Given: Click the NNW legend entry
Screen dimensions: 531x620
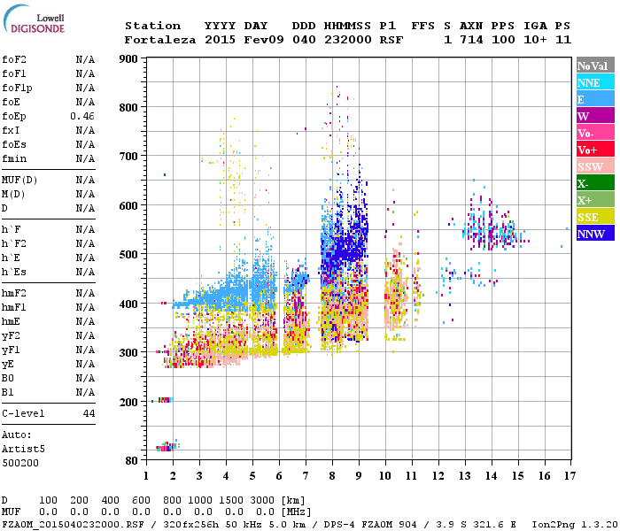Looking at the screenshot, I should pyautogui.click(x=594, y=234).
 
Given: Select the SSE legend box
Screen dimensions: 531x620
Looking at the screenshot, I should pyautogui.click(x=594, y=217).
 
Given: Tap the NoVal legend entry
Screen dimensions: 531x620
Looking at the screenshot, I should pyautogui.click(x=594, y=65).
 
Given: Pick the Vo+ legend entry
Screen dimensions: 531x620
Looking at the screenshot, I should pyautogui.click(x=594, y=150).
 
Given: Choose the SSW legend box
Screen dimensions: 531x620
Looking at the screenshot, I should pyautogui.click(x=594, y=166).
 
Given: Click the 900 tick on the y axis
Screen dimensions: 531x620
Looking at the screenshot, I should pyautogui.click(x=129, y=59).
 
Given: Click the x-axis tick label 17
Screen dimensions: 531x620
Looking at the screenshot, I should pyautogui.click(x=569, y=476).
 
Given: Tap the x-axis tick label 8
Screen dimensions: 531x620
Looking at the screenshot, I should pyautogui.click(x=332, y=476).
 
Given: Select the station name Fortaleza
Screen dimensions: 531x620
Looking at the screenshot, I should pyautogui.click(x=160, y=40).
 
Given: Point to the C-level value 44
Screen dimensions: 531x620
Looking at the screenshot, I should pyautogui.click(x=89, y=413).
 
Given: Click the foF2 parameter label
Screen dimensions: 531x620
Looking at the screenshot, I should pyautogui.click(x=14, y=59).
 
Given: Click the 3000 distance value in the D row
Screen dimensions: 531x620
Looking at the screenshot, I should pyautogui.click(x=262, y=500).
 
